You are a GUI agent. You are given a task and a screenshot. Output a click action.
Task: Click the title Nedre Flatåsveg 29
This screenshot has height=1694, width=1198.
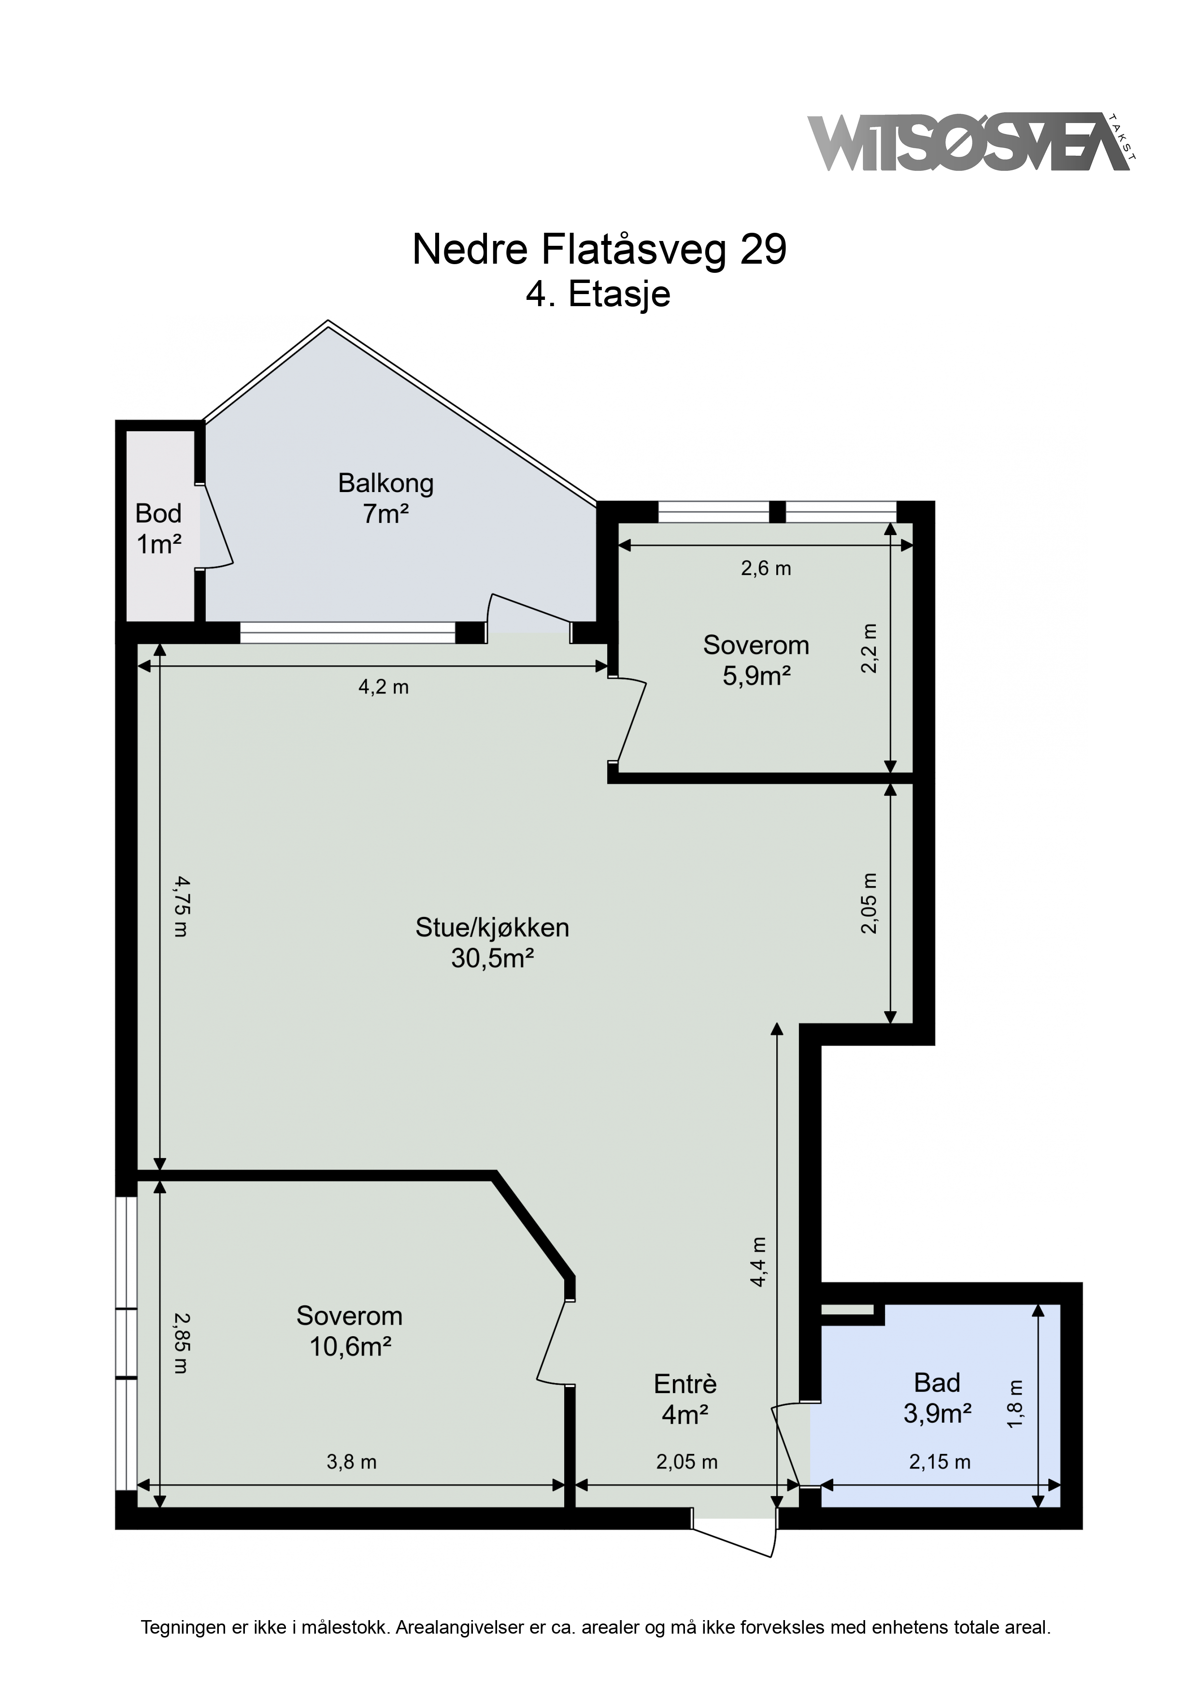coord(599,250)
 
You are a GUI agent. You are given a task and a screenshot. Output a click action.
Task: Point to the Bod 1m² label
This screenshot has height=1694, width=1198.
coord(158,528)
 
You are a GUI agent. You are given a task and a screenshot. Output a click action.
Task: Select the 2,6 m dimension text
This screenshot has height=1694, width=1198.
coord(766,568)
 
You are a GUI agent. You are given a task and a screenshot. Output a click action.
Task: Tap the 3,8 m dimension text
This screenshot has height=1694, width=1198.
coord(351,1462)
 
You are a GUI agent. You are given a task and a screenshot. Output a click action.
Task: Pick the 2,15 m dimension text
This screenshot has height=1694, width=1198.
coord(939,1462)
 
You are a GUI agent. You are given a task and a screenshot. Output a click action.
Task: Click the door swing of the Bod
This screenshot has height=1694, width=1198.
coord(217,526)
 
